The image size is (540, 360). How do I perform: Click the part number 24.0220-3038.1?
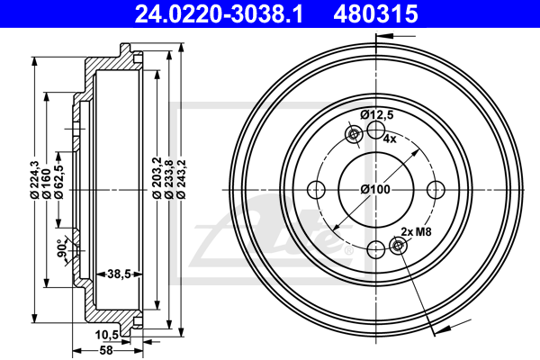click(x=219, y=13)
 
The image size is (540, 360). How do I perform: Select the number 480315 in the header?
click(x=375, y=13)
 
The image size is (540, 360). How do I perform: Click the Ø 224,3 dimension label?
click(x=34, y=180)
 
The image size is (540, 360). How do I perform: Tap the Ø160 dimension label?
click(x=47, y=184)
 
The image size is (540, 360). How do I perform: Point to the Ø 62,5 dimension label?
click(x=58, y=182)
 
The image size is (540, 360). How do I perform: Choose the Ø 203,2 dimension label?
click(x=157, y=178)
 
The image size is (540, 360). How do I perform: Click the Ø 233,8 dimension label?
click(x=169, y=179)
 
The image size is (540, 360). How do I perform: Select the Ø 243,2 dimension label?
click(x=181, y=179)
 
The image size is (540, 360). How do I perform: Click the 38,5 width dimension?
click(x=119, y=274)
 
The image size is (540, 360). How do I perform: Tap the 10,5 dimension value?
click(x=107, y=334)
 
